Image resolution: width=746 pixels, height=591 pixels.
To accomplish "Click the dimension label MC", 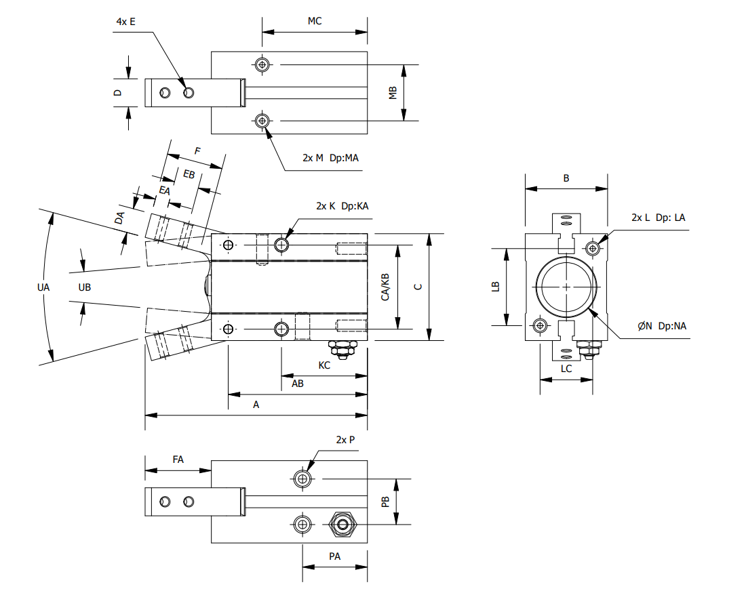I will (314, 21).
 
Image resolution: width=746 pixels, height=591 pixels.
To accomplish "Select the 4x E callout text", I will (125, 22).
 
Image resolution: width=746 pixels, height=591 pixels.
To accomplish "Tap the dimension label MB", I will (393, 94).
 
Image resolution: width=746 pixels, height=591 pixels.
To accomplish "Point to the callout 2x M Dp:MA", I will (330, 158).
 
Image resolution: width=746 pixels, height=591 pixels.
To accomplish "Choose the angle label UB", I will (85, 287).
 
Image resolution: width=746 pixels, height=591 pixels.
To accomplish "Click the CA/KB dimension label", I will (385, 287).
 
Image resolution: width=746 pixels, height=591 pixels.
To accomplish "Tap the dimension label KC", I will (324, 365).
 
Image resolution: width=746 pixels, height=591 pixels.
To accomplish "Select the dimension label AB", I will (297, 384).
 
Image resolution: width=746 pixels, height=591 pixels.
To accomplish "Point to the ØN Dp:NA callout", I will (662, 326).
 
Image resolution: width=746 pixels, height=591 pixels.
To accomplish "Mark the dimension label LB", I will (496, 287).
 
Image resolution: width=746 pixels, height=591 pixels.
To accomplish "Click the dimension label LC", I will (566, 369).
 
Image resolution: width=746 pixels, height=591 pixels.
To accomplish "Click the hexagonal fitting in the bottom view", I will (341, 524).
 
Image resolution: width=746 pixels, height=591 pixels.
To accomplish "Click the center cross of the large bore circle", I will (566, 287).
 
